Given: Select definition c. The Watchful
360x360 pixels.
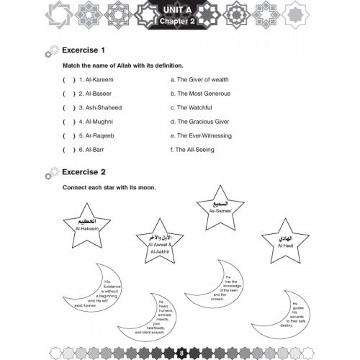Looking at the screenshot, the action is click(197, 107).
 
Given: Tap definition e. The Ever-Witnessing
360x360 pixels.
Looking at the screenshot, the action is click(207, 135).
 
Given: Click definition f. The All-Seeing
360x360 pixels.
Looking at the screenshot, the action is click(199, 149).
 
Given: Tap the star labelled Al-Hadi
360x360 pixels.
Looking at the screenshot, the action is click(285, 242).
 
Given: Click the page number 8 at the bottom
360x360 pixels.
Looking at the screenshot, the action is click(181, 351).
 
